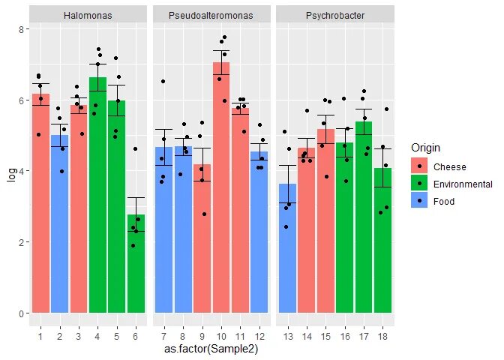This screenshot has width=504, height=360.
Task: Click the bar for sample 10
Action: point(221,187)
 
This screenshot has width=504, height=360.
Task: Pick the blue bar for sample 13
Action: point(287,247)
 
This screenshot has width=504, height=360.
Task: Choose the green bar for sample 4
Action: point(98,195)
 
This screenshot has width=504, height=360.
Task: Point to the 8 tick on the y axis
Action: point(22,28)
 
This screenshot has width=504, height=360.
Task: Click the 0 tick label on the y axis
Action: point(22,313)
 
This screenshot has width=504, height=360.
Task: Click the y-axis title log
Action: point(10,171)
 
